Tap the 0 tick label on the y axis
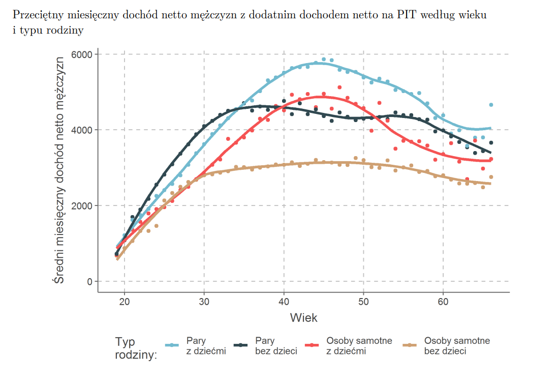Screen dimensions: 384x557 (x=89, y=281)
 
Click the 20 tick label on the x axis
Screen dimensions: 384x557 (x=125, y=301)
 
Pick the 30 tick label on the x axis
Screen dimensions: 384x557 (x=204, y=301)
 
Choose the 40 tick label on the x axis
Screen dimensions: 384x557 (x=284, y=301)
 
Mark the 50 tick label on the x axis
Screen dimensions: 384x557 (x=363, y=301)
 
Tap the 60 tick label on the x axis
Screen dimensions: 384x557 (x=443, y=301)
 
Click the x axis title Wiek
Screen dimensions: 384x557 (x=303, y=318)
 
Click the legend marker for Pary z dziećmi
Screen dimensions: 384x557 (x=173, y=345)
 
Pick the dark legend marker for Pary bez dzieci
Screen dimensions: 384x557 (x=242, y=345)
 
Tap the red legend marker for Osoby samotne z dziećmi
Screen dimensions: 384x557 (x=311, y=345)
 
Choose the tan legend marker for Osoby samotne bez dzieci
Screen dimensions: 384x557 (x=409, y=345)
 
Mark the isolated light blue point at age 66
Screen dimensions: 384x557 (x=491, y=105)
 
